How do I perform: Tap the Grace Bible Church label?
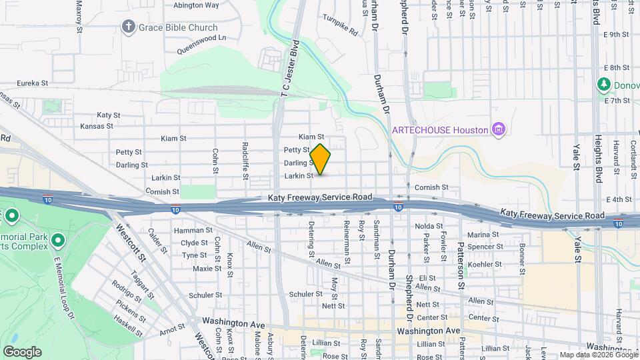[x=178, y=27]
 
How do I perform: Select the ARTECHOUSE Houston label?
[x=441, y=129]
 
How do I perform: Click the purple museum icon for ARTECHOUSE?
[x=497, y=129]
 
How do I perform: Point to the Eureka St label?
[x=33, y=83]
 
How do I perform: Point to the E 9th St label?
[x=616, y=34]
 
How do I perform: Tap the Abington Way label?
[x=196, y=5]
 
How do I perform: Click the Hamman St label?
[x=193, y=230]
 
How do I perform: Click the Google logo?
[x=22, y=351]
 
